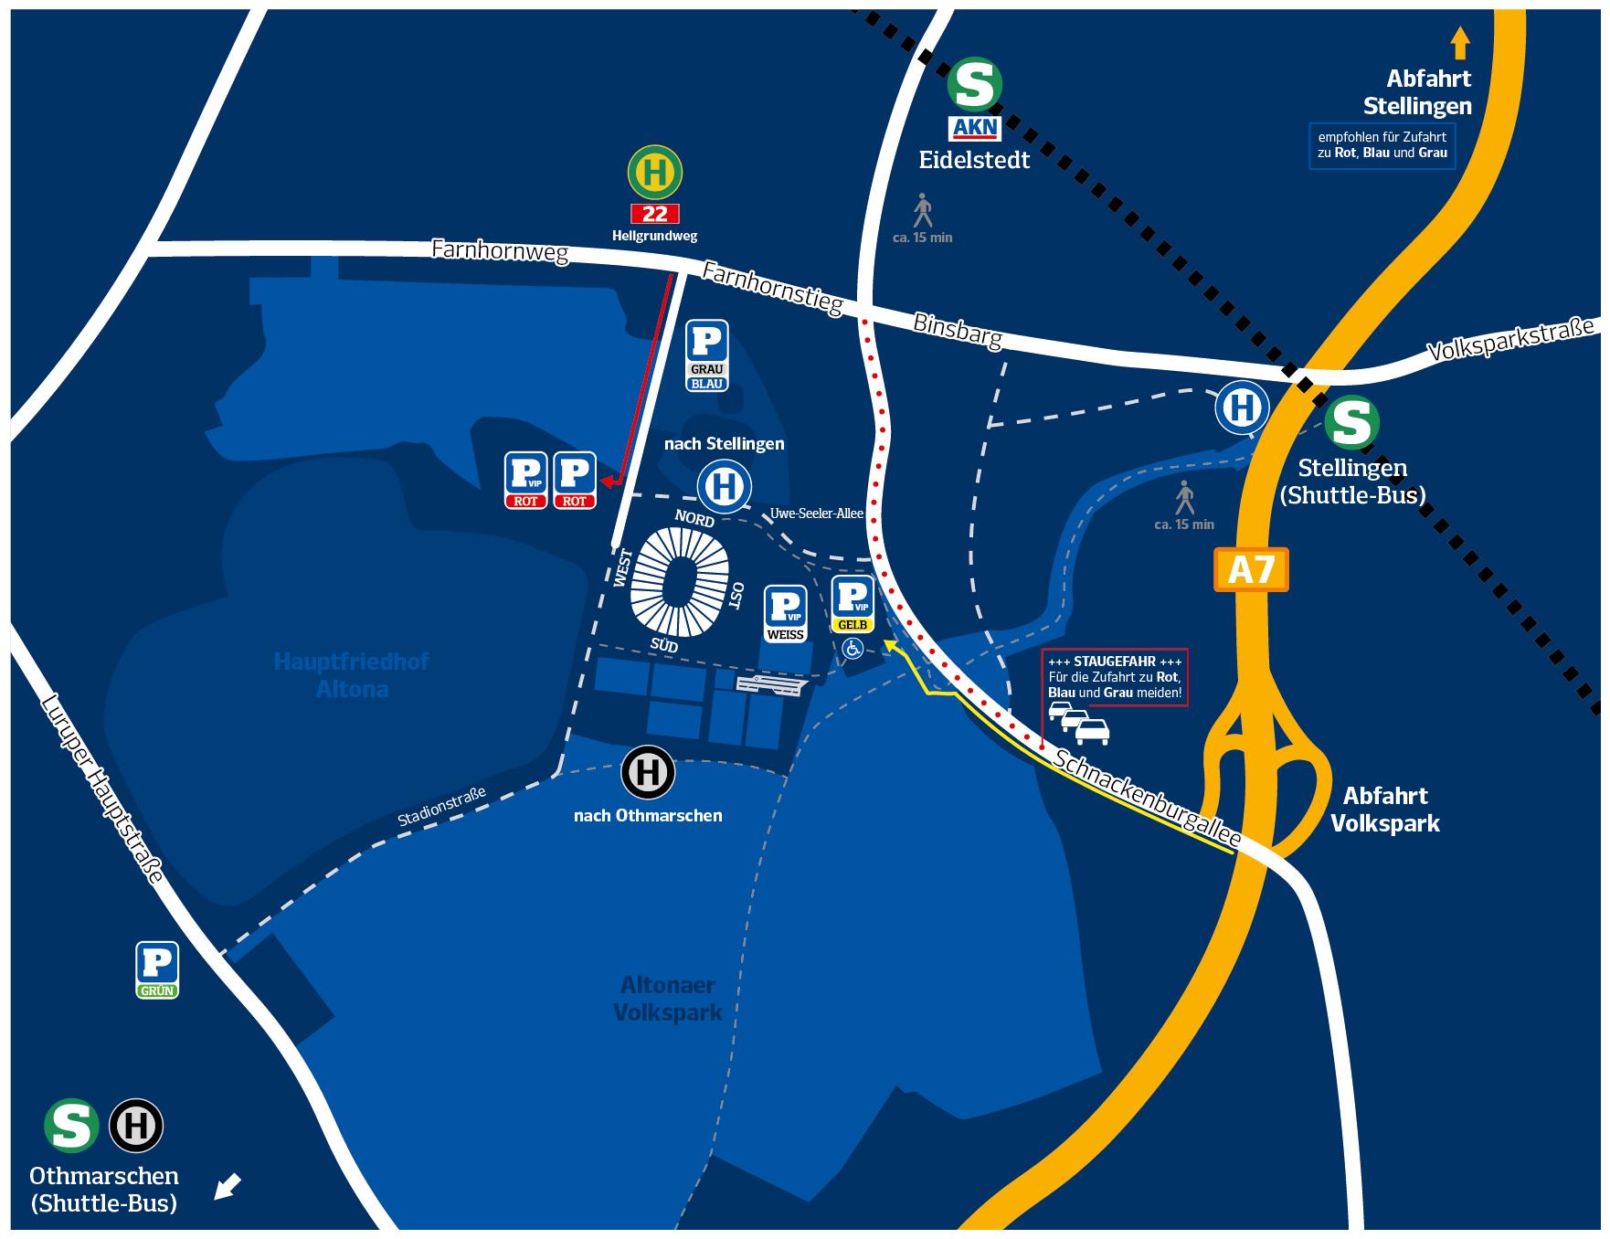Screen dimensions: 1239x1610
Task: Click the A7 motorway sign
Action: tap(1251, 570)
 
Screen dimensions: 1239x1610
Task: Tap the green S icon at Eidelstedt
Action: tap(974, 84)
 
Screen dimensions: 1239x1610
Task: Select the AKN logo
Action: tap(975, 129)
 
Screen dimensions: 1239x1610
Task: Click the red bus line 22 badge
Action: tap(655, 214)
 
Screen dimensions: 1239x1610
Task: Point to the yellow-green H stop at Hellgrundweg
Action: tap(655, 172)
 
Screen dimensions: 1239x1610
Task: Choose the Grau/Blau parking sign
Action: tap(707, 355)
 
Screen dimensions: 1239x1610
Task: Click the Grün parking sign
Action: tap(157, 969)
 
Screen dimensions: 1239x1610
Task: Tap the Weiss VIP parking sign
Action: tap(786, 613)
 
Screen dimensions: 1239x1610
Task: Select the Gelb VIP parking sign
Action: tap(853, 604)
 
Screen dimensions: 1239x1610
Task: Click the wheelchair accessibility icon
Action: tap(853, 649)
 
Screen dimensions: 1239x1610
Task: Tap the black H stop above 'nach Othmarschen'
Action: tap(648, 773)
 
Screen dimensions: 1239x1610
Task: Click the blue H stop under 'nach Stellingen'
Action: tap(725, 485)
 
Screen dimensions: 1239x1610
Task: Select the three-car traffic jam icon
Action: tap(1079, 723)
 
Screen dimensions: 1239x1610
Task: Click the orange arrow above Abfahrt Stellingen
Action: tap(1459, 43)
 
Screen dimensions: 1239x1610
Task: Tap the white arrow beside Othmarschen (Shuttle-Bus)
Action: tap(228, 1187)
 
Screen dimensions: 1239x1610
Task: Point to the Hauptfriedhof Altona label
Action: tap(352, 674)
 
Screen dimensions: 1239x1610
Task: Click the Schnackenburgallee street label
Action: tap(1148, 797)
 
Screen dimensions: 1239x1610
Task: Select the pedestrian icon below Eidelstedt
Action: tap(923, 210)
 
